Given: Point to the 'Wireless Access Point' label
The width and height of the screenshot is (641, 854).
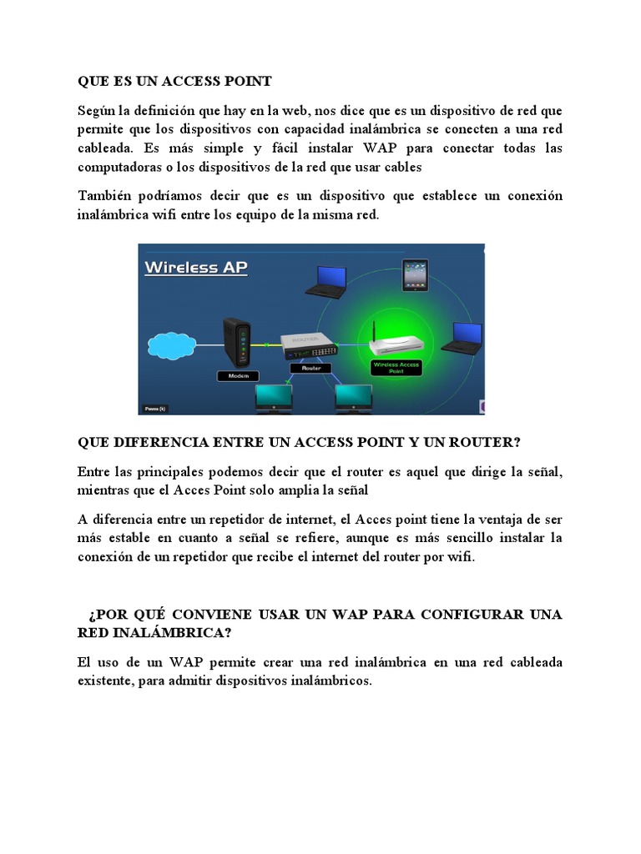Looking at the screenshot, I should [x=396, y=367].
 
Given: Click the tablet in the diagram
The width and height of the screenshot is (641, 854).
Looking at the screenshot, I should [x=415, y=276].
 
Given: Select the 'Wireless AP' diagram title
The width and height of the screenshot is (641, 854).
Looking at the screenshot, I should [x=196, y=268].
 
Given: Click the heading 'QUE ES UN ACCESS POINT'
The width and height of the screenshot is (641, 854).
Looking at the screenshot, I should [x=174, y=81].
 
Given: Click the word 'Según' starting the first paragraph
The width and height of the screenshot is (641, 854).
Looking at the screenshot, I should [x=96, y=111].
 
